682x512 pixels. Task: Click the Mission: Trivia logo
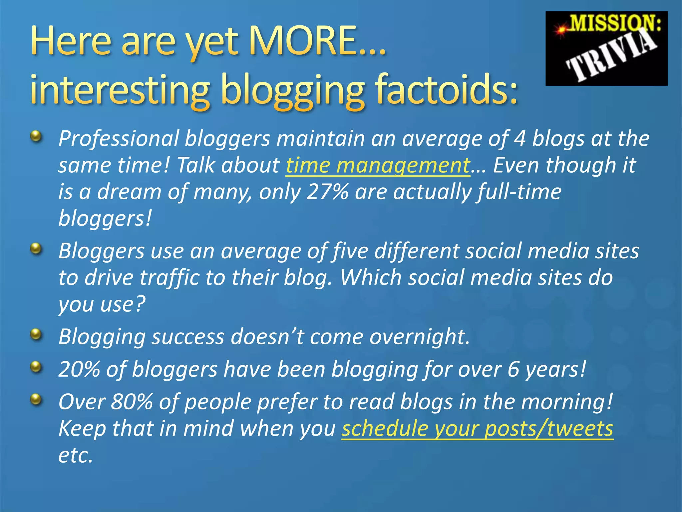[x=606, y=48]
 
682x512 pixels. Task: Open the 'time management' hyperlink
[x=378, y=165]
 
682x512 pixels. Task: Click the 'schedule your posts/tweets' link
[x=477, y=429]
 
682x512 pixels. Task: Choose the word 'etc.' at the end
[x=75, y=455]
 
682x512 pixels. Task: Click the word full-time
[x=519, y=192]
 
